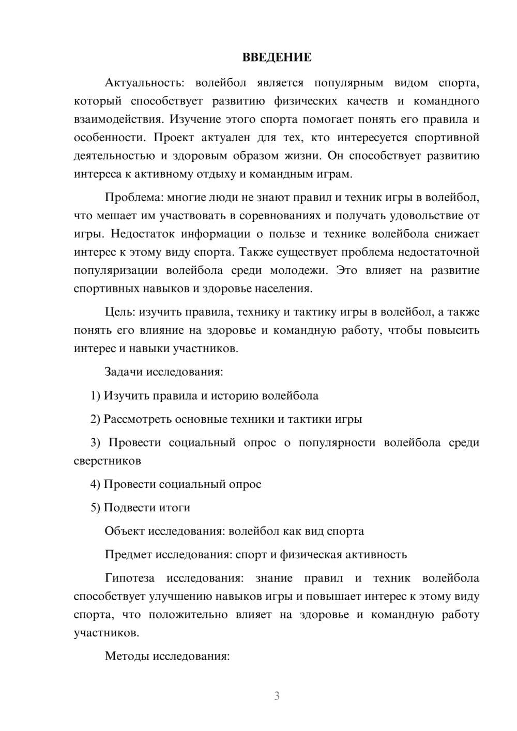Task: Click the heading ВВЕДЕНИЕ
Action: point(277,57)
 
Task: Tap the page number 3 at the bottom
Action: point(277,696)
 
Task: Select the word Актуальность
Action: point(142,83)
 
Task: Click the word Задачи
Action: point(124,372)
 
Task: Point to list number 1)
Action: point(95,396)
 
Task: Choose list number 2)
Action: point(95,419)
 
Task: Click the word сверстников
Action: point(107,461)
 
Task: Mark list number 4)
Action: point(95,484)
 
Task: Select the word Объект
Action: point(125,531)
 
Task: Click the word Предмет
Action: point(128,555)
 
